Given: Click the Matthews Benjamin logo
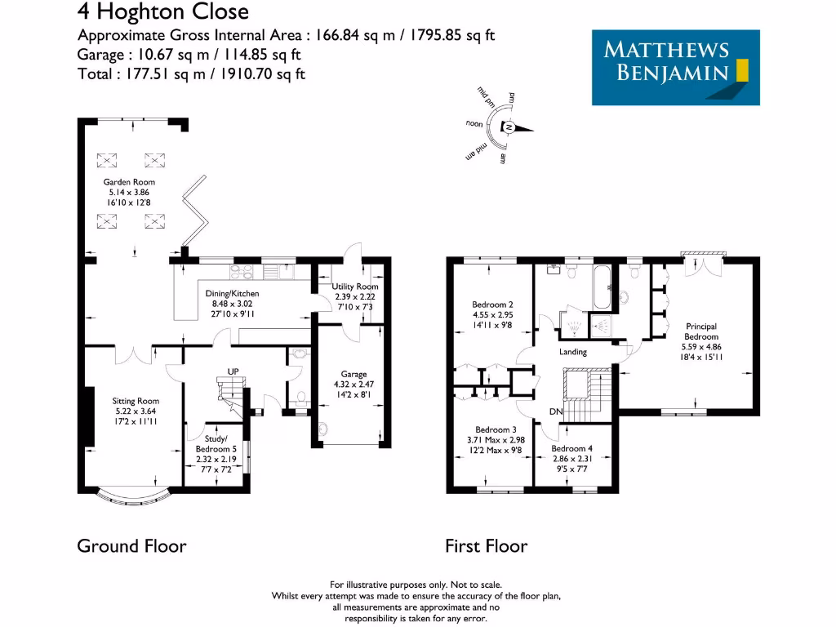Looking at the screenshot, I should (x=675, y=68).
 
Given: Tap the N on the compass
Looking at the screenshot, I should (x=508, y=128).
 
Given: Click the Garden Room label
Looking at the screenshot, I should (x=128, y=182).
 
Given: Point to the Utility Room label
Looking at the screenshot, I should (x=354, y=287).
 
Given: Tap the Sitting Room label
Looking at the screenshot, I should (x=136, y=401).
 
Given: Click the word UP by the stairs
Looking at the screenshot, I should (x=233, y=372).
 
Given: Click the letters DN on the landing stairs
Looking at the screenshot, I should (x=556, y=411).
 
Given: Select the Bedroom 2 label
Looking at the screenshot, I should (x=493, y=305).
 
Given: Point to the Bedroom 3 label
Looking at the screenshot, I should (x=496, y=429).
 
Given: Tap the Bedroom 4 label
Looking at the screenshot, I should (x=571, y=448).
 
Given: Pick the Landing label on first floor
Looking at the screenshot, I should (x=572, y=352).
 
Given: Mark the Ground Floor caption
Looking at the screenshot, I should (x=131, y=545).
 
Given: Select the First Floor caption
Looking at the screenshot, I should (x=486, y=545).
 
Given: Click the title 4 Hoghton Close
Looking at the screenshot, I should (x=162, y=11).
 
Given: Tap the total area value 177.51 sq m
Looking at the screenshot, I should (x=156, y=73).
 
